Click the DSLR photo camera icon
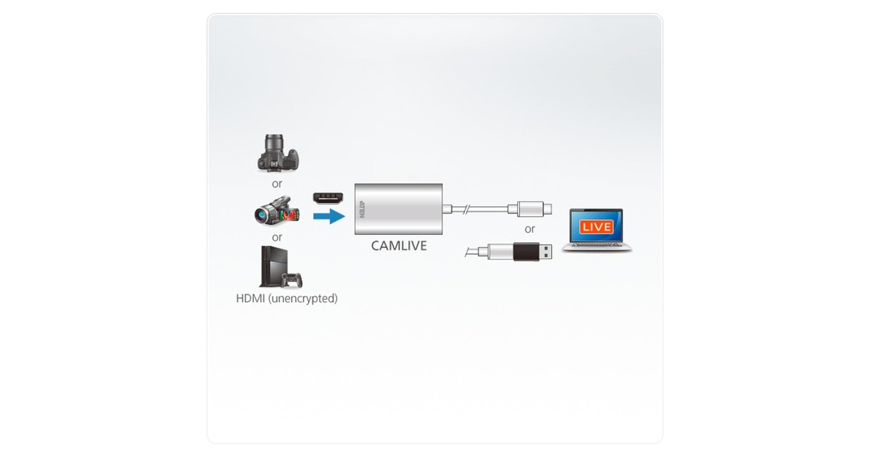[278, 154]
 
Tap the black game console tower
[272, 265]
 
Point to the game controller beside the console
[293, 279]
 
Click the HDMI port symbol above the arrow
[328, 197]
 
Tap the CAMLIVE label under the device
[399, 246]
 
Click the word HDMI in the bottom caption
[251, 298]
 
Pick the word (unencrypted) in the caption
[303, 298]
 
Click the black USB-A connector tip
[536, 252]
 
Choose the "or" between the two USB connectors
[530, 229]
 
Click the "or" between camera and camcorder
[277, 184]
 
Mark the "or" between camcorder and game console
[277, 237]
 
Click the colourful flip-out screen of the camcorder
[292, 214]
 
